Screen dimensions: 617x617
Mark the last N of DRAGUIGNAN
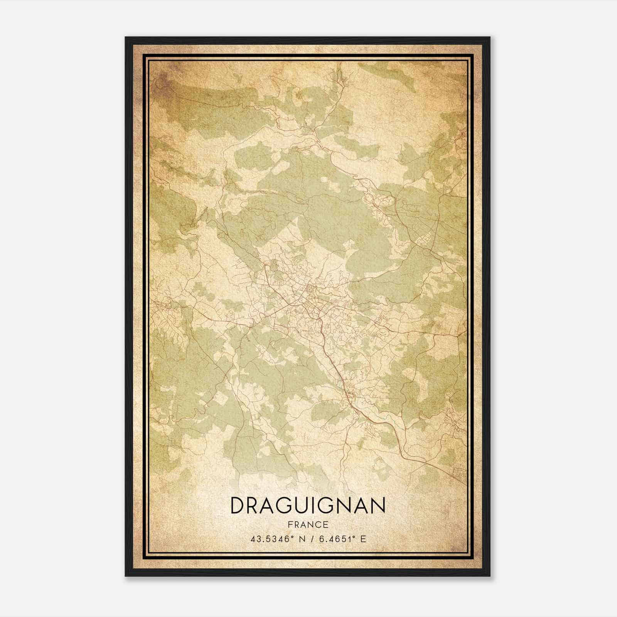(378, 506)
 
